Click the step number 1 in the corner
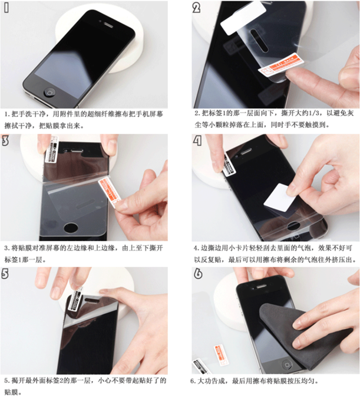[x=6, y=8]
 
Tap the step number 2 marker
[x=196, y=8]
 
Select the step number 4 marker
[x=197, y=140]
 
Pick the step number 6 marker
[x=198, y=274]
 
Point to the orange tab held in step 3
[x=110, y=192]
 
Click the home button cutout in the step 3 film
[x=71, y=227]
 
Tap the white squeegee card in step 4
[x=279, y=198]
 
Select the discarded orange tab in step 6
[x=220, y=355]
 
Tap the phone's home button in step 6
[x=287, y=365]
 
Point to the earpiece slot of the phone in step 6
[x=261, y=286]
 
